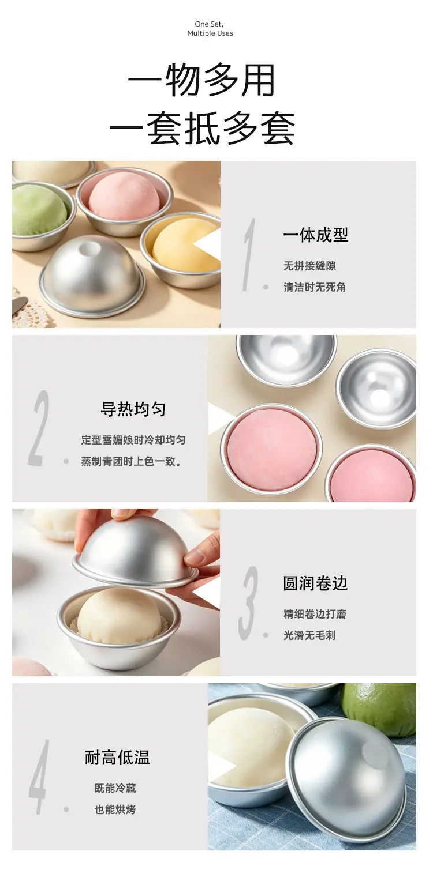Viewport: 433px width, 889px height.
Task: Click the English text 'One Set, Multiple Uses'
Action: point(210,29)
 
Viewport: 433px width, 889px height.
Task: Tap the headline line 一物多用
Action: point(201,80)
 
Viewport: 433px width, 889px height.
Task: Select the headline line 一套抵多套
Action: point(202,128)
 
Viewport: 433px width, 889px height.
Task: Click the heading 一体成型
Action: point(316,235)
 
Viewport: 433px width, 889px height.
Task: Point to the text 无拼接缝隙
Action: point(310,266)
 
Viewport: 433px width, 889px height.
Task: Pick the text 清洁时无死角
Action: point(315,287)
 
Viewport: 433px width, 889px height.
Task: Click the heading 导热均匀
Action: point(133,409)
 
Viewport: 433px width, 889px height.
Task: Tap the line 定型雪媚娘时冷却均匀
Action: point(133,440)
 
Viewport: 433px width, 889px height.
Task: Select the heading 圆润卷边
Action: point(316,583)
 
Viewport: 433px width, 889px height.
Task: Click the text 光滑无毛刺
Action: point(310,635)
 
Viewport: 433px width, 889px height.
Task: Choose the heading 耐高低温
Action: point(117,757)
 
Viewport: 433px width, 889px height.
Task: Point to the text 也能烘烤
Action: point(115,809)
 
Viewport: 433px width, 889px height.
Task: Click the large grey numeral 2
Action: point(39,428)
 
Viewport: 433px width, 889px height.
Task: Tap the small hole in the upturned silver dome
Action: point(89,248)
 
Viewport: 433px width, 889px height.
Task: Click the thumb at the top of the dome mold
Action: point(131,515)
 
